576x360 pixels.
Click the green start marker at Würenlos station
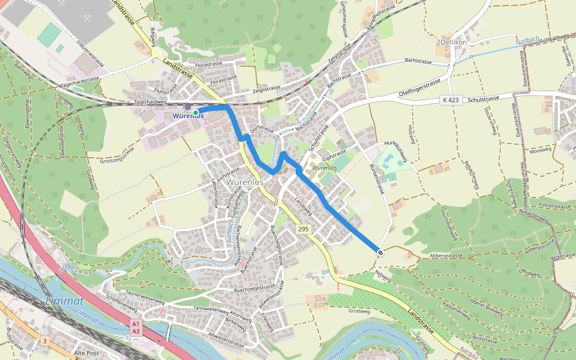[x=196, y=112]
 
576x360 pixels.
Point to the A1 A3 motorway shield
[x=136, y=328]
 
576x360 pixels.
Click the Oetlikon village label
[x=454, y=43]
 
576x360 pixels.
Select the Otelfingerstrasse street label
[x=419, y=88]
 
